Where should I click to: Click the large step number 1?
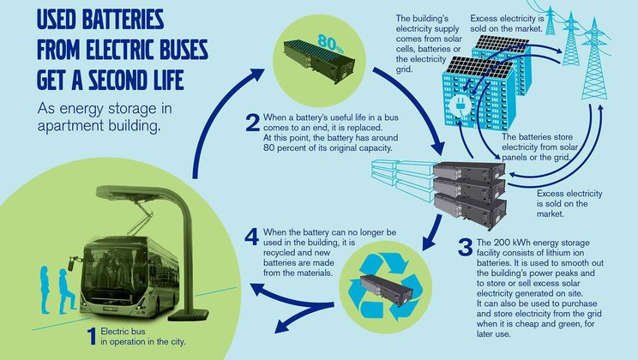[93, 337]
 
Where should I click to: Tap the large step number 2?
[253, 123]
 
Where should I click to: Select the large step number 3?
[465, 247]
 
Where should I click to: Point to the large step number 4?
[252, 237]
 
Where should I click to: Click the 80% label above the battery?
[331, 43]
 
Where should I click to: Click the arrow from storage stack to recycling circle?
[432, 233]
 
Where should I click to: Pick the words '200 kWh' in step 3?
[515, 243]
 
